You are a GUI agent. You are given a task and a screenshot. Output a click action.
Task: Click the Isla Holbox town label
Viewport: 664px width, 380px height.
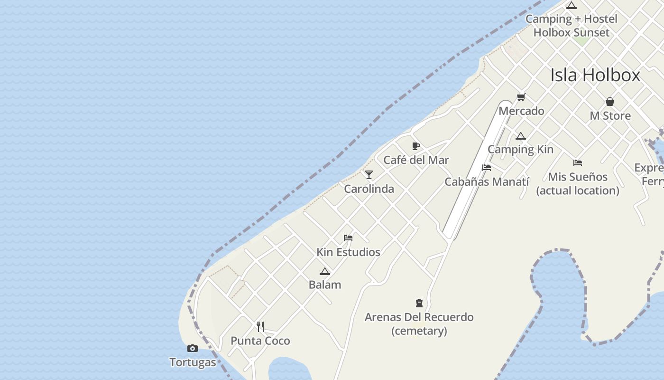point(595,75)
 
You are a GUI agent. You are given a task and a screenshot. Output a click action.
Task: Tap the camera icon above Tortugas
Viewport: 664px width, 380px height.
point(192,349)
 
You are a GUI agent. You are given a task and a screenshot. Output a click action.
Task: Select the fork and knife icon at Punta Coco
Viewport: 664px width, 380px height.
point(260,326)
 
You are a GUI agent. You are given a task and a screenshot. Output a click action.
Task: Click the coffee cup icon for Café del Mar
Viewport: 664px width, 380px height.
point(416,146)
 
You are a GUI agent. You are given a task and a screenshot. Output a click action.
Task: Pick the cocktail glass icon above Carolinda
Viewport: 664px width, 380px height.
point(369,174)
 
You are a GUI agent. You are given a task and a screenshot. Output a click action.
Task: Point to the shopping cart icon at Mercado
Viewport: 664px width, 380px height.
point(521,97)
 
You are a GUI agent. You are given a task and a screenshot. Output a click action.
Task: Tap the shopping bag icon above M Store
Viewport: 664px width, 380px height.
point(610,102)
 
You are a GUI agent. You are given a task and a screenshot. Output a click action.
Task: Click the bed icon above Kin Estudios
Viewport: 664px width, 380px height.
point(348,238)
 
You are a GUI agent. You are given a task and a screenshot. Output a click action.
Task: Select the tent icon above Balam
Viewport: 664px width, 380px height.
point(325,271)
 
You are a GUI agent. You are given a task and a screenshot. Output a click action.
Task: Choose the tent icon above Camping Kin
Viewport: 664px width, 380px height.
point(521,136)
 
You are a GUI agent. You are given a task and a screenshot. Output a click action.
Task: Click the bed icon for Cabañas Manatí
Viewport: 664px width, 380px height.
point(487,168)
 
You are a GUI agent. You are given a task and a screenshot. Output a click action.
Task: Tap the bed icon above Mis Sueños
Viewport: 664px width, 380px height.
point(577,163)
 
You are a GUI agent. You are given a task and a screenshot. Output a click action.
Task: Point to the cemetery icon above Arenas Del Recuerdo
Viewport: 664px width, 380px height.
point(419,303)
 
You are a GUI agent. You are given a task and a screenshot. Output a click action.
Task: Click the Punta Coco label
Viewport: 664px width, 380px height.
point(260,341)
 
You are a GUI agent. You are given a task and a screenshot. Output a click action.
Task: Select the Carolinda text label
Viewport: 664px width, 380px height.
point(369,189)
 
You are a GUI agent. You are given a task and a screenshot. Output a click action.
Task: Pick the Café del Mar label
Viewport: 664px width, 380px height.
point(416,160)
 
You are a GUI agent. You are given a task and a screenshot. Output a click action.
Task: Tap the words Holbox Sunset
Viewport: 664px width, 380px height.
point(571,33)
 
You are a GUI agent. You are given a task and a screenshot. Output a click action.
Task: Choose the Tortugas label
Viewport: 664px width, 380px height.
point(193,362)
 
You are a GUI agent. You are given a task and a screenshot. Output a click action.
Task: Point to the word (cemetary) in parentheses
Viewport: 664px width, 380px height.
point(419,331)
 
